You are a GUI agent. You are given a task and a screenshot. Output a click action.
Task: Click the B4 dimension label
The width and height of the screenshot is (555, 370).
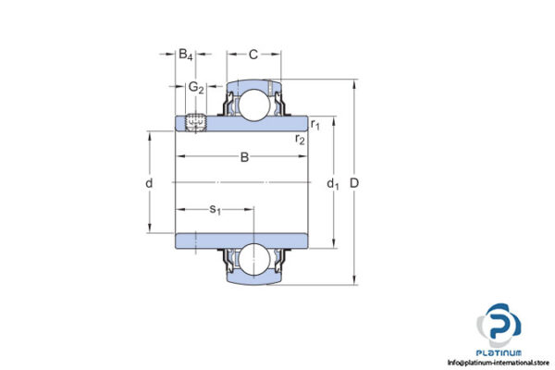coord(185,55)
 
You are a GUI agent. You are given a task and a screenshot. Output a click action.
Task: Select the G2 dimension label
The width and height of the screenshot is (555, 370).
coord(194,88)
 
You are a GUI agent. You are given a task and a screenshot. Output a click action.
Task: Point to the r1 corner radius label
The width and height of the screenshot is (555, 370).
coord(315,124)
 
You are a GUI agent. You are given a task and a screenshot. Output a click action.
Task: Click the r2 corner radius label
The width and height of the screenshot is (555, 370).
coord(300,139)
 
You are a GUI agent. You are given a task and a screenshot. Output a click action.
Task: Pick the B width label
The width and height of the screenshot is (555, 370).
coord(244,157)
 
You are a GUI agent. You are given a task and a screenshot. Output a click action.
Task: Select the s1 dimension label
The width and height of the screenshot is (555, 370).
coord(214,210)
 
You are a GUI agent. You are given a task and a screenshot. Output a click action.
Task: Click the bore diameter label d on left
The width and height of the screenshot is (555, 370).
coord(149,183)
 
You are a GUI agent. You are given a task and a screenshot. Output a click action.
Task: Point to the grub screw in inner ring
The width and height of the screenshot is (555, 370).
coord(195,121)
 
